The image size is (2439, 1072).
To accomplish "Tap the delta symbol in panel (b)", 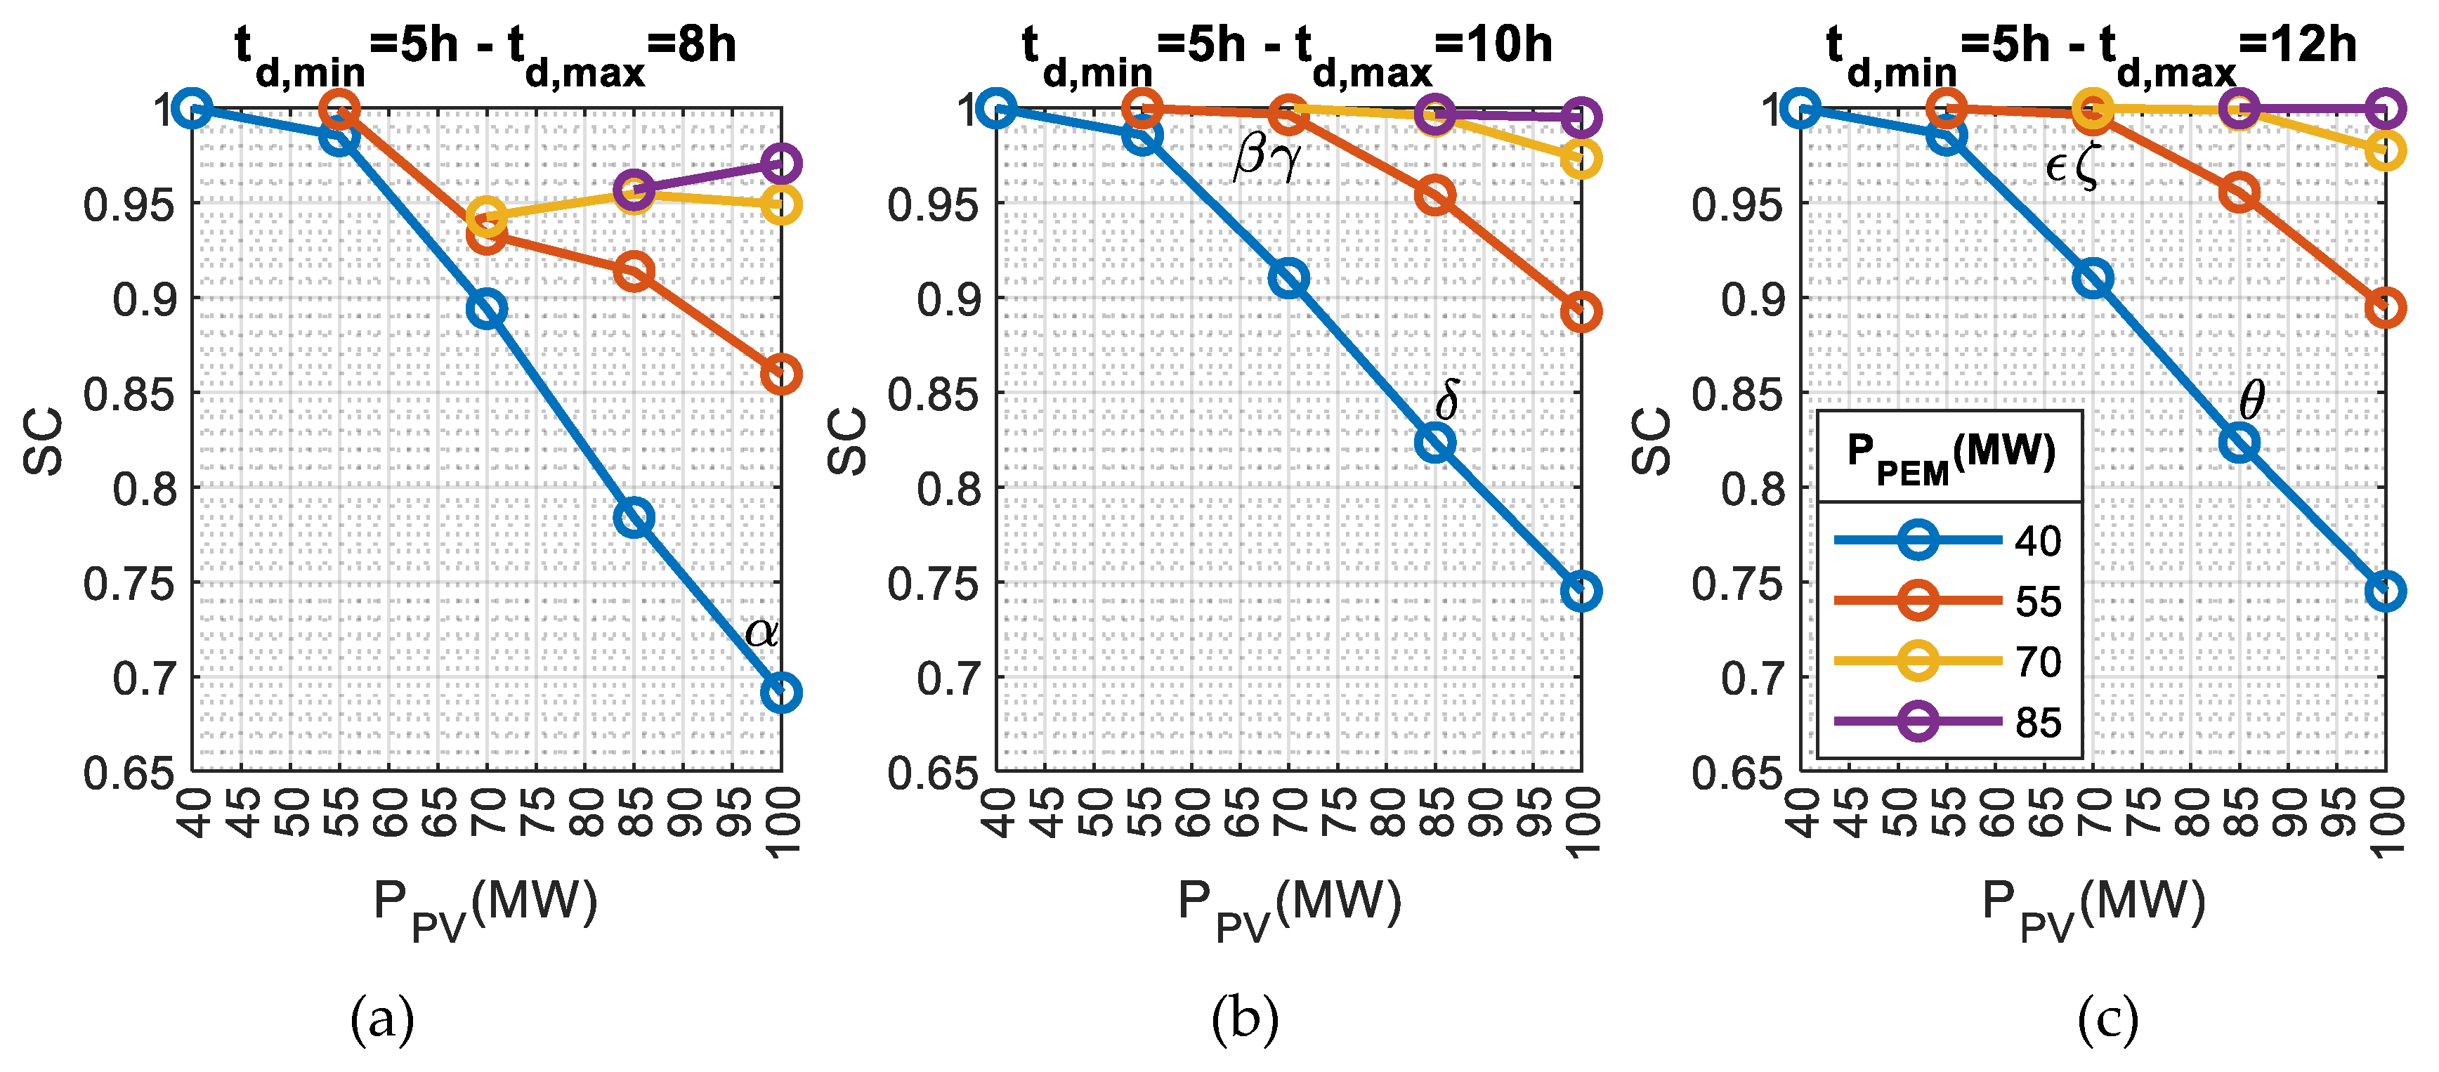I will coord(1446,400).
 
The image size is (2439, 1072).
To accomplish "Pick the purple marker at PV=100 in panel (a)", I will coord(780,164).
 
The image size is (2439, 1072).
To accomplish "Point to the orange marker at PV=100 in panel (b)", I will coord(1581,312).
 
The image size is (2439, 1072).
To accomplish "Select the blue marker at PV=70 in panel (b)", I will coord(1288,278).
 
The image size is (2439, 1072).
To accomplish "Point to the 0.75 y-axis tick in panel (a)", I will coord(130,583).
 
